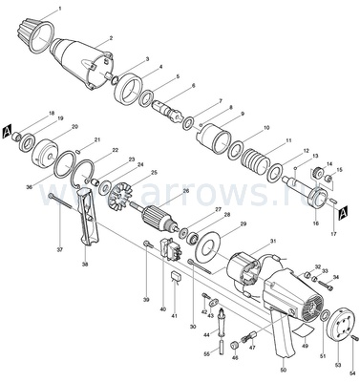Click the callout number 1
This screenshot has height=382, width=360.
60,9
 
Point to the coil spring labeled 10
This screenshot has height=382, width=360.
254,154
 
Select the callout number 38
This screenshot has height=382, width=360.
85,264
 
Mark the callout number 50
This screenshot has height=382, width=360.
283,369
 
